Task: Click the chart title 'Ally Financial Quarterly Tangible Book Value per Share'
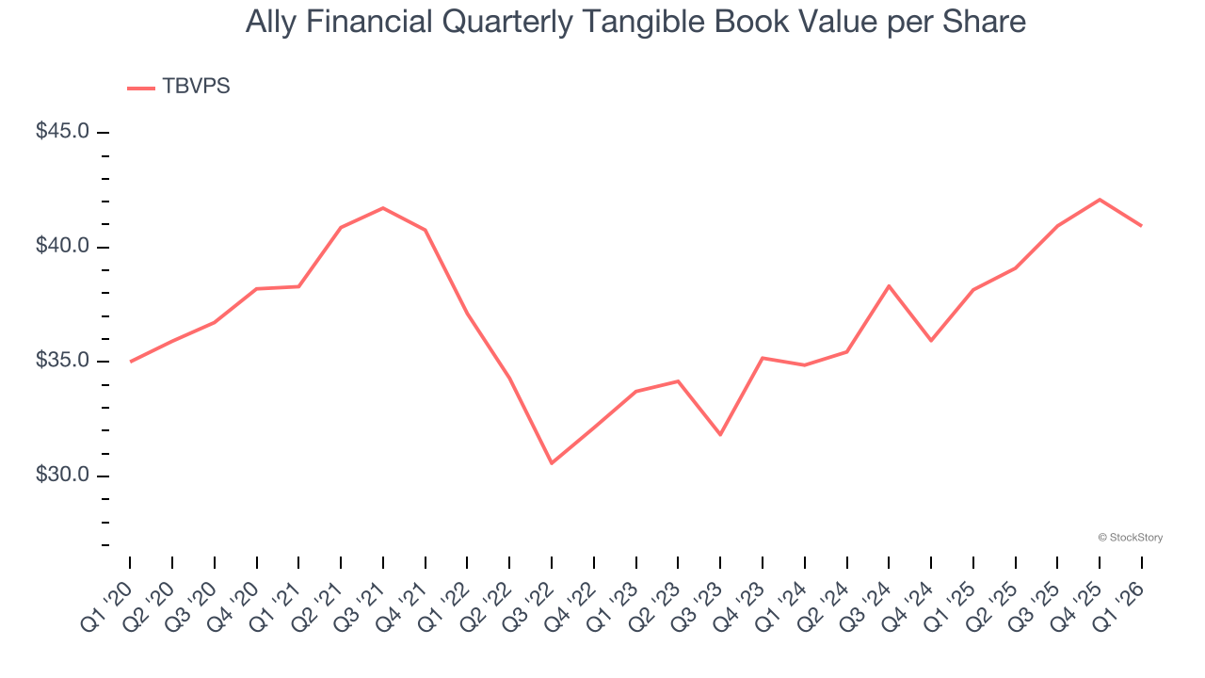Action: click(635, 22)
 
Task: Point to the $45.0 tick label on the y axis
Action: click(63, 132)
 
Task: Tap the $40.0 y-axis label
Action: click(63, 247)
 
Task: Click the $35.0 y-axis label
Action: click(63, 362)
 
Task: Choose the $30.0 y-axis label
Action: click(63, 476)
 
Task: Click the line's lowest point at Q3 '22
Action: click(552, 463)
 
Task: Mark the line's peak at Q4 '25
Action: click(1100, 200)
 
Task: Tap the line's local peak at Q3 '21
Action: click(383, 208)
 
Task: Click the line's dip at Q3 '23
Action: click(720, 434)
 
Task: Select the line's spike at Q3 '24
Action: click(889, 285)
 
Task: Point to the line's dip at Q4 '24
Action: click(931, 340)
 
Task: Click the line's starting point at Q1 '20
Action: click(130, 362)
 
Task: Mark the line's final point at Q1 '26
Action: click(1142, 226)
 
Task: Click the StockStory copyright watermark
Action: click(1130, 538)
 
